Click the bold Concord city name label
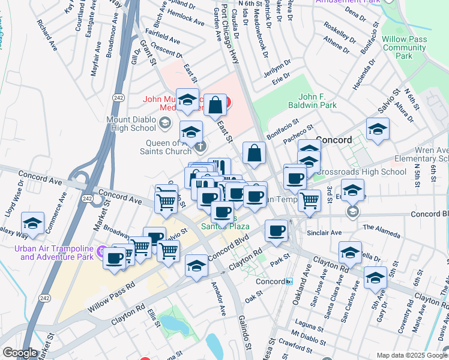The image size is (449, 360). tap(334, 140)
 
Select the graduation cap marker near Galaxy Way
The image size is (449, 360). tap(33, 224)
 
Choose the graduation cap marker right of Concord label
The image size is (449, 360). tap(378, 129)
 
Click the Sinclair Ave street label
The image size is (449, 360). tap(324, 232)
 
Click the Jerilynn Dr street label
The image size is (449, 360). tap(277, 66)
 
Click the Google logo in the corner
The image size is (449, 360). tap(20, 353)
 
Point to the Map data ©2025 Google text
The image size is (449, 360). tap(411, 355)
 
